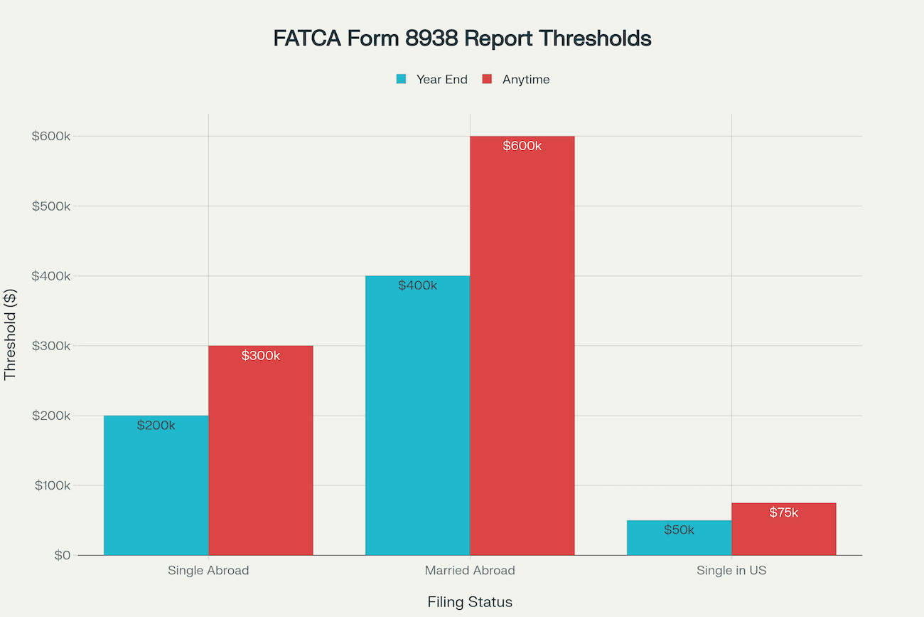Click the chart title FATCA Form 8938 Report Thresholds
[x=462, y=38]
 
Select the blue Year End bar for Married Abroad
[x=418, y=420]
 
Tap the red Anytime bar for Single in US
[x=783, y=534]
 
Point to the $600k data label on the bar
[x=522, y=146]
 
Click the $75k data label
[x=783, y=512]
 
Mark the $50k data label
[x=679, y=530]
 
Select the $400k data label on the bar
[x=418, y=286]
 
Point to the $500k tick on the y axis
[x=51, y=206]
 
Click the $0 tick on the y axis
[x=62, y=555]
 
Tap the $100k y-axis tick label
[x=51, y=485]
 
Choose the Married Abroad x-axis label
[x=470, y=571]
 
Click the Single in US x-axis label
[x=731, y=571]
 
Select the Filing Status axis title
[x=470, y=602]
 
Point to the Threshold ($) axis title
[x=10, y=334]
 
